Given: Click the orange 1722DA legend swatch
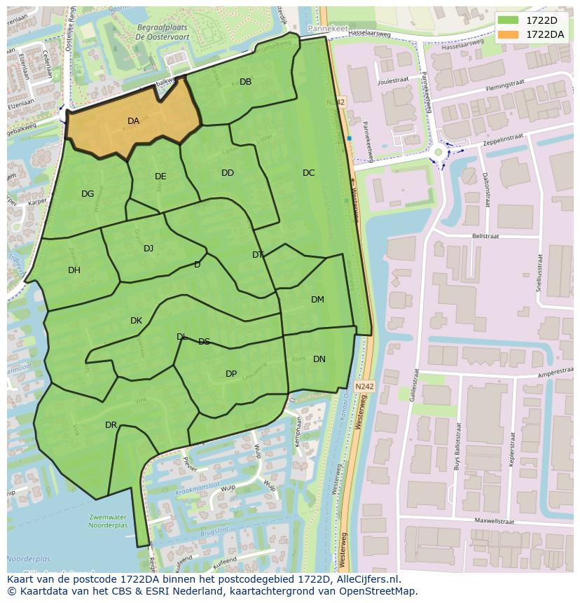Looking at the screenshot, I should pos(509,34).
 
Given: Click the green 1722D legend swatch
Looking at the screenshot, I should pos(509,20).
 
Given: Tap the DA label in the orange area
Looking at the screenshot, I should pos(133,121).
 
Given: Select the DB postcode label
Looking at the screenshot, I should pos(245,82).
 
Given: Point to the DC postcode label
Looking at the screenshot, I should pos(308,173).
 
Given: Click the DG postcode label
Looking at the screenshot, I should pos(88,194).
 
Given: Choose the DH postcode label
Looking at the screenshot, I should pos(74,270).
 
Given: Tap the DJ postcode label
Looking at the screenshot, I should pos(149,249).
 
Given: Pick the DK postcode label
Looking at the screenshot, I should pos(136,321).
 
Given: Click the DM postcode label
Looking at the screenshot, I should pos(317,300).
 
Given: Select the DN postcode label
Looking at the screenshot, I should pos(319,359).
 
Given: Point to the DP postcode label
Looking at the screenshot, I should pos(231,374).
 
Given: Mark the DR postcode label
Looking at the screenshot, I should pos(111,425).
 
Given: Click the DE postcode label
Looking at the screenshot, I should pos(160,176).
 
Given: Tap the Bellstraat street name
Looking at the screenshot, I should pos(485,237).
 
